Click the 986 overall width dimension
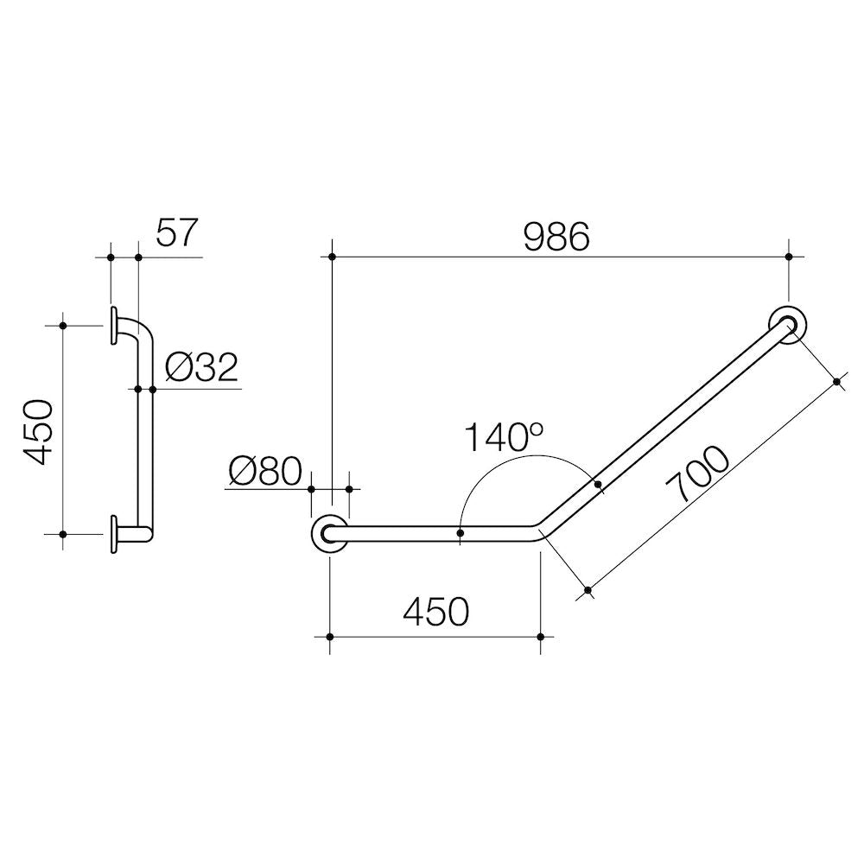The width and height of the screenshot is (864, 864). [x=556, y=238]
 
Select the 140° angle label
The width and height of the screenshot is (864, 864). [x=505, y=437]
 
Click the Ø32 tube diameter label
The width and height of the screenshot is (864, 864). [x=201, y=367]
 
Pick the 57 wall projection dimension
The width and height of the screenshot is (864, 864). [x=176, y=232]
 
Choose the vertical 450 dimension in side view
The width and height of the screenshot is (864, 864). [x=38, y=433]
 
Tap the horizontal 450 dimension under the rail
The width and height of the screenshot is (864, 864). [x=435, y=612]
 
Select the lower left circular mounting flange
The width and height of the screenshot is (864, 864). [x=329, y=534]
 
